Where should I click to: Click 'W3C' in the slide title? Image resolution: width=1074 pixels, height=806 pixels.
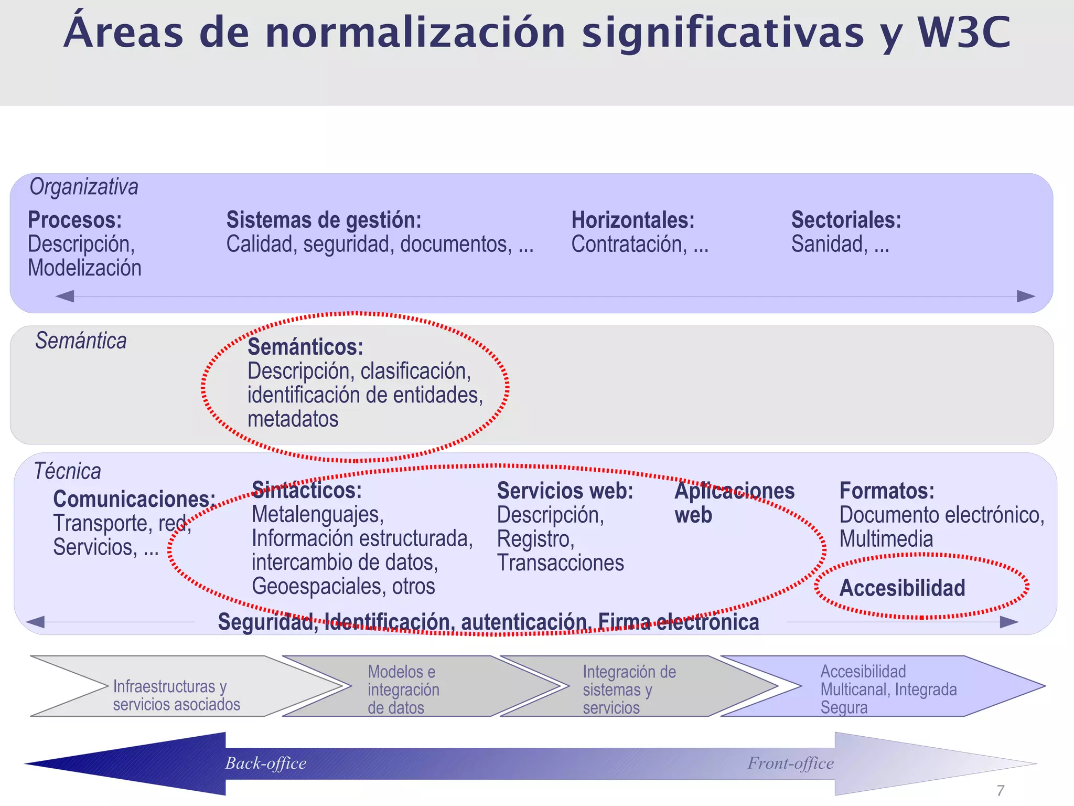point(964,33)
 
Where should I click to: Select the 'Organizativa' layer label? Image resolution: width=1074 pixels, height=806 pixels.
point(84,187)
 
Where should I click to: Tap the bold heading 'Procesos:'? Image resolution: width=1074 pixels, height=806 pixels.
point(74,220)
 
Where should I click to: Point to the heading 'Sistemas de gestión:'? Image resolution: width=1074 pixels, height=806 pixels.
point(324,220)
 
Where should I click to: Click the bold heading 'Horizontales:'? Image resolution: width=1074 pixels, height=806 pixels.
point(632,220)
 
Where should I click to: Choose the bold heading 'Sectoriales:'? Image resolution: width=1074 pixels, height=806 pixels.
point(846,220)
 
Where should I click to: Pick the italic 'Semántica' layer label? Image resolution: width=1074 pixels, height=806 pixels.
point(81,341)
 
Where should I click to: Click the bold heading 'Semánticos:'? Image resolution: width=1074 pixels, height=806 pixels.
point(305,347)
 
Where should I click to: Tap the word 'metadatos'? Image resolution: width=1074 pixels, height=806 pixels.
point(293,419)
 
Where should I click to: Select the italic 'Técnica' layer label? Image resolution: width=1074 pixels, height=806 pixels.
point(67,471)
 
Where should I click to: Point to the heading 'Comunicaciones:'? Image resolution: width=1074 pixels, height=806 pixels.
point(134,499)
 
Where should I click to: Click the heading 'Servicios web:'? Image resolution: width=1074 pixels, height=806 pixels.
point(565,491)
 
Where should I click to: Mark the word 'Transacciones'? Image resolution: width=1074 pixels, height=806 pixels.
point(560,563)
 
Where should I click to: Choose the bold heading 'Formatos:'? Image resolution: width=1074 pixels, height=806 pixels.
point(887,491)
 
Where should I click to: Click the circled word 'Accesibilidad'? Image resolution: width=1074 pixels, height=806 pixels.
point(902,588)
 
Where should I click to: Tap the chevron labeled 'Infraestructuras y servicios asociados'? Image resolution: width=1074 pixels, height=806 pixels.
point(176,695)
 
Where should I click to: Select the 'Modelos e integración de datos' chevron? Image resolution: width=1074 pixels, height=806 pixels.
point(403,690)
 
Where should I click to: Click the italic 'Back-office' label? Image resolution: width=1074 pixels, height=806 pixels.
point(266,763)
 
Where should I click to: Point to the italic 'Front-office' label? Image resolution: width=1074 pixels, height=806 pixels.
point(790,763)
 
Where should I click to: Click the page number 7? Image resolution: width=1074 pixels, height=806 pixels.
point(1000,790)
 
